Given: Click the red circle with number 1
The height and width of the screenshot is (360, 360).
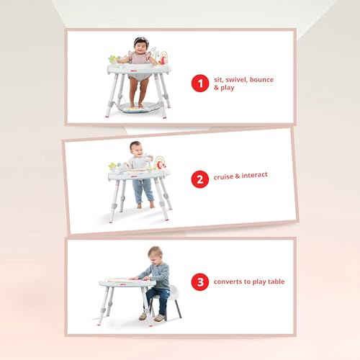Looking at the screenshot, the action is click(200, 84).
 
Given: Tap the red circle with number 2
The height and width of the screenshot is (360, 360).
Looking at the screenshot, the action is click(200, 179).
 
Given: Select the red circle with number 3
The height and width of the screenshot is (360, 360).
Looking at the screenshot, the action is click(200, 282).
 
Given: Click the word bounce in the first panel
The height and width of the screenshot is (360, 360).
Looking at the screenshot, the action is click(261, 79).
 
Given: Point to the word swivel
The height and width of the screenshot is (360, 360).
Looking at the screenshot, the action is click(237, 80).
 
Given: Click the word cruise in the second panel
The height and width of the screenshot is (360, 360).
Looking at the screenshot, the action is click(223, 177).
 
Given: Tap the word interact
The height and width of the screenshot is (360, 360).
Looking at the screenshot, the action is click(254, 175).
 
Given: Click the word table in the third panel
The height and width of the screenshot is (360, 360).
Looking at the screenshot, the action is click(276, 282).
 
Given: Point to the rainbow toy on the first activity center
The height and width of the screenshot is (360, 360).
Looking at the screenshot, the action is click(163, 58).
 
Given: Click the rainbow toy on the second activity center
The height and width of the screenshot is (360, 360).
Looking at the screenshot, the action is click(160, 163).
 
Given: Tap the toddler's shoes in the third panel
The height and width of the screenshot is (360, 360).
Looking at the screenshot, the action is click(152, 317).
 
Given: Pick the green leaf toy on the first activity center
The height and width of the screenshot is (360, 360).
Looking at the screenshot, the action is click(113, 58).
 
